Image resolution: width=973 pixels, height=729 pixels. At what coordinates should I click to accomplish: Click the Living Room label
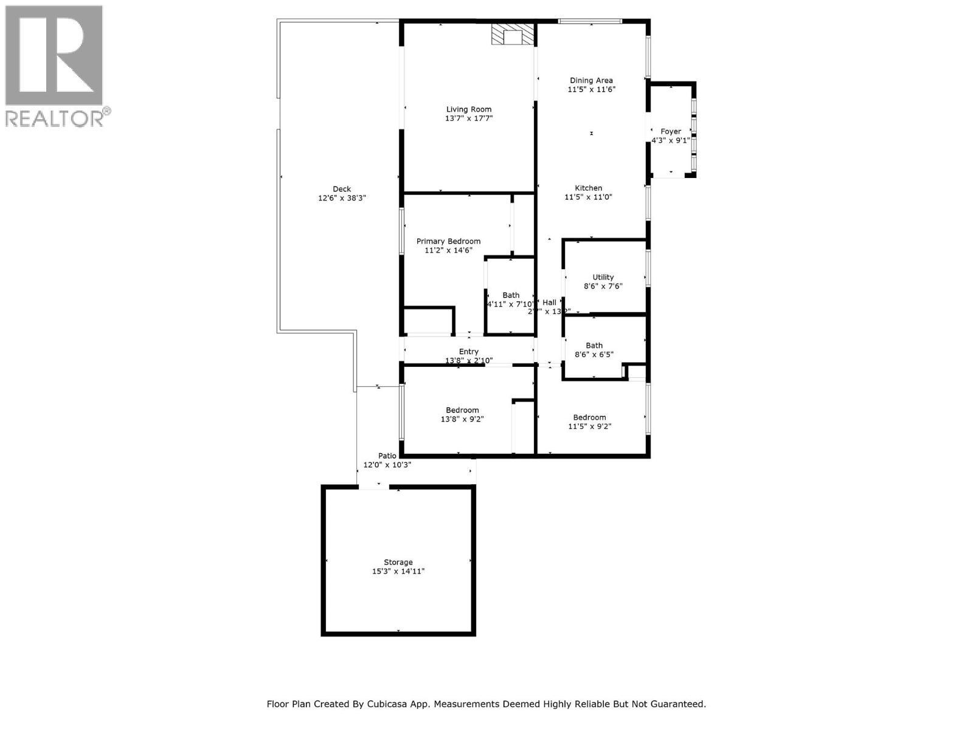coord(468,109)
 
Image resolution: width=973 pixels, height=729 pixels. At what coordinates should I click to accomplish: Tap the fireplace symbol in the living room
coord(513,35)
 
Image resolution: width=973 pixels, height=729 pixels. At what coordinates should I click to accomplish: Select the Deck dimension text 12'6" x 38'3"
coord(342,198)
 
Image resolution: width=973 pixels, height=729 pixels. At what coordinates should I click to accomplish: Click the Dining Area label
coord(590,80)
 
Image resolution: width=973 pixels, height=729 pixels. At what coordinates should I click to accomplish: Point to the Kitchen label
coord(588,188)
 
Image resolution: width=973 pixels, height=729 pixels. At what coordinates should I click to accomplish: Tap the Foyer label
coord(671,131)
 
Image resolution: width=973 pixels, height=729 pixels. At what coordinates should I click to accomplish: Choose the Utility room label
coord(603,277)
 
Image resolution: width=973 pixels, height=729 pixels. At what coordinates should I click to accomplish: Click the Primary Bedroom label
coord(448,241)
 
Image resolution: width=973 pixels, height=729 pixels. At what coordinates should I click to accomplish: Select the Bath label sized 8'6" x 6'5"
coord(594,345)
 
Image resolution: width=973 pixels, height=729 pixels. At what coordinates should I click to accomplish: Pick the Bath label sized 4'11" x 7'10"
coord(511,295)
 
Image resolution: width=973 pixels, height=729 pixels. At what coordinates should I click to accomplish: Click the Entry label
coord(468,351)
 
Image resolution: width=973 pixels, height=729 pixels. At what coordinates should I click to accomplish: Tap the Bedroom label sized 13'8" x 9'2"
coord(462,410)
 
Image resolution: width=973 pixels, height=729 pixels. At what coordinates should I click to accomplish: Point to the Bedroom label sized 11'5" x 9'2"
coord(589,417)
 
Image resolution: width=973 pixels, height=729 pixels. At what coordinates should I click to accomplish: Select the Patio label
coord(387,456)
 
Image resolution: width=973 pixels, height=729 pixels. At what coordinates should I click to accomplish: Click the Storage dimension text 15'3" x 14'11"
coord(398,571)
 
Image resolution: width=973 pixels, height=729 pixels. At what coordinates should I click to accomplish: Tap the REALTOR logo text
coord(58,118)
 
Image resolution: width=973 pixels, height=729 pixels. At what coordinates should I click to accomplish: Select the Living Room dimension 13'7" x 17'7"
coord(468,118)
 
